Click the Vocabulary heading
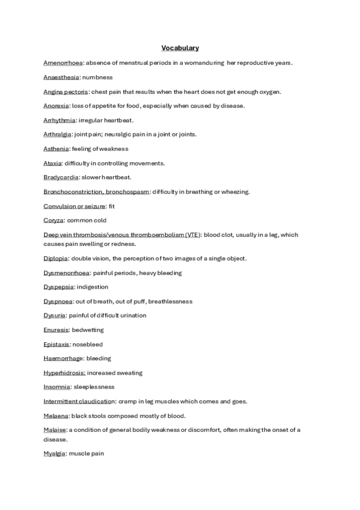pyautogui.click(x=180, y=48)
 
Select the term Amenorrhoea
pyautogui.click(x=63, y=63)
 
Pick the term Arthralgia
pyautogui.click(x=59, y=134)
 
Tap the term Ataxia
pyautogui.click(x=52, y=163)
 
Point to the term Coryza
pyautogui.click(x=53, y=220)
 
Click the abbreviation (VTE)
pyautogui.click(x=192, y=235)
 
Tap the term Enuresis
pyautogui.click(x=56, y=330)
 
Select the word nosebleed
pyautogui.click(x=88, y=344)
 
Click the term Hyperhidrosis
pyautogui.click(x=64, y=373)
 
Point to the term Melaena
pyautogui.click(x=56, y=416)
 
